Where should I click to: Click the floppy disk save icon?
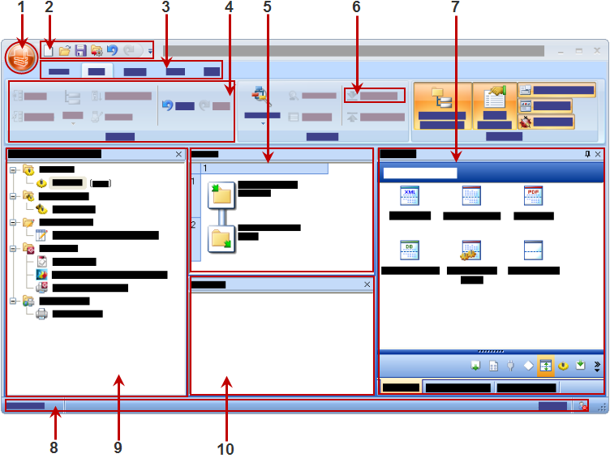pos(80,50)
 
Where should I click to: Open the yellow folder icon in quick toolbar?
pos(65,50)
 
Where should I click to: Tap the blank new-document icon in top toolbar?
pos(49,50)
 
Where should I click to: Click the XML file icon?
pos(410,196)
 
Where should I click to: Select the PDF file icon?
pos(533,196)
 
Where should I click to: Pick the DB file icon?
pos(410,250)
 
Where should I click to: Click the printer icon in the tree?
pos(42,313)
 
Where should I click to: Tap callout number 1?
pos(21,10)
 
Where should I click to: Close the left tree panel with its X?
pos(178,153)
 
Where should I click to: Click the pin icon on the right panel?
pos(586,153)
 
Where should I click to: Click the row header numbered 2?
pos(194,225)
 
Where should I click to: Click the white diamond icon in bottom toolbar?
pos(528,366)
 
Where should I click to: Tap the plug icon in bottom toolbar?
pos(510,366)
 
